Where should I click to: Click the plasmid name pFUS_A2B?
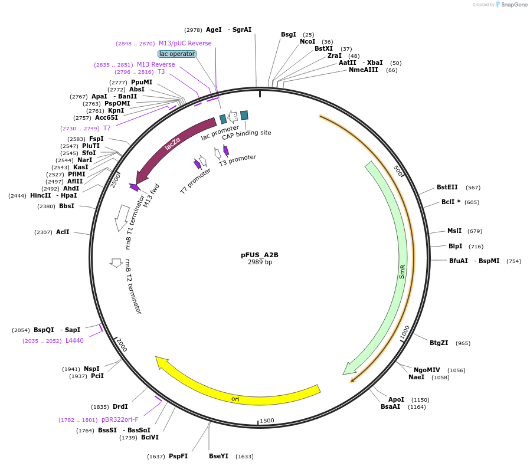point(259,255)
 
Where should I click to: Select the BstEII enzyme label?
point(447,188)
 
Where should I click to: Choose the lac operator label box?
point(177,54)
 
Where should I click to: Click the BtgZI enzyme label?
point(439,343)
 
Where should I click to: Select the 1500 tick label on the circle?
point(267,421)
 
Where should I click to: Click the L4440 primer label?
point(74,340)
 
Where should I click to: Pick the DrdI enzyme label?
point(120,406)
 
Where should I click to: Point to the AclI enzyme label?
point(63,232)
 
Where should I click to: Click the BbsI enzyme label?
point(67,206)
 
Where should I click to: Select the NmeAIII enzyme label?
point(363,70)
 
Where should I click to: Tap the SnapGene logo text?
point(515,5)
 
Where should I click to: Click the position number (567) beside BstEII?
point(473,188)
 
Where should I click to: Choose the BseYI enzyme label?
point(218,456)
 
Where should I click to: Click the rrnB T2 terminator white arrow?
point(116,262)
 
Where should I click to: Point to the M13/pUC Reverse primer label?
point(185,43)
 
